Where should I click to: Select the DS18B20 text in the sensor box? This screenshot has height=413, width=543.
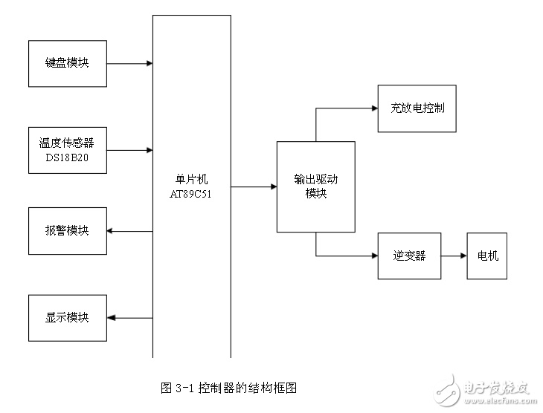click(x=67, y=157)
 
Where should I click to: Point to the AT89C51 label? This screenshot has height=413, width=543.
click(x=190, y=194)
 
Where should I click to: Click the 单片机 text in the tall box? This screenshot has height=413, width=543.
click(x=191, y=179)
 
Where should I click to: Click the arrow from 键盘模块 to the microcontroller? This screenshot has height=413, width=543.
click(x=129, y=63)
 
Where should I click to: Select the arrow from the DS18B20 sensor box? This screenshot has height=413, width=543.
click(x=129, y=150)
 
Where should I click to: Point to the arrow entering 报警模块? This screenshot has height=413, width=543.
click(x=129, y=231)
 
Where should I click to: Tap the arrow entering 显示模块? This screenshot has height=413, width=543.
click(x=129, y=318)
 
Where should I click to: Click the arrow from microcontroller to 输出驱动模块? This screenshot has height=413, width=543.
click(x=254, y=186)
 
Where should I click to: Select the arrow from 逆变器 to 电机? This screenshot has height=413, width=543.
click(x=454, y=256)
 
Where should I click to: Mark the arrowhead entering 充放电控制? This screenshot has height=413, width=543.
click(x=375, y=108)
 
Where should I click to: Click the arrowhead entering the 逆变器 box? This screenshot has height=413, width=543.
click(x=375, y=256)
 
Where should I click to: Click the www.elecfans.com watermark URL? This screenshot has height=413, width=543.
click(x=500, y=401)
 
